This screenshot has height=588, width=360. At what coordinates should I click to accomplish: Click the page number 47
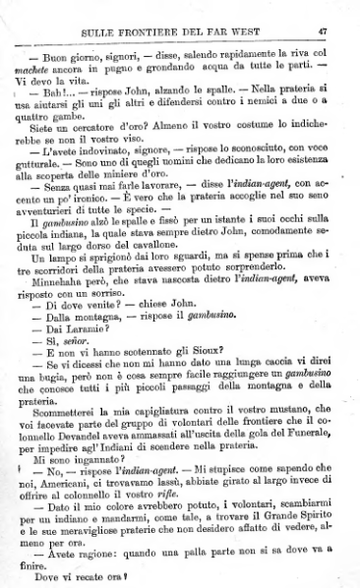[x=335, y=14]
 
